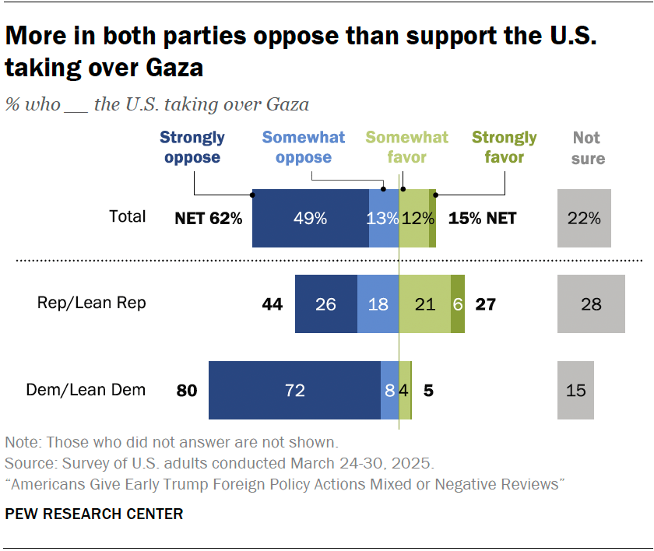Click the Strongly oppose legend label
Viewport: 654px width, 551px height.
[192, 147]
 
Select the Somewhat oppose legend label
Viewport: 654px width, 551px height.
[303, 147]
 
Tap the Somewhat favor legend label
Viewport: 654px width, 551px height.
[407, 147]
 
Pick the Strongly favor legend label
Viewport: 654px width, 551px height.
[504, 147]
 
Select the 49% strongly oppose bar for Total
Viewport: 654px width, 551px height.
[310, 219]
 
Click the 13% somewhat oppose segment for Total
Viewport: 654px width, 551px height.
[382, 219]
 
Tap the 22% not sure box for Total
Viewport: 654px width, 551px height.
[584, 219]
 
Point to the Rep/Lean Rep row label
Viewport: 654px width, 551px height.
[91, 304]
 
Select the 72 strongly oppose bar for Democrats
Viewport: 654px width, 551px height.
[294, 391]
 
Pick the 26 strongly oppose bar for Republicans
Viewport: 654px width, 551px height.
[325, 304]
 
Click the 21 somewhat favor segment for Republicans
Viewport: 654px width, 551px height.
[424, 304]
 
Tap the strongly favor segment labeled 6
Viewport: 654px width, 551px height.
[458, 304]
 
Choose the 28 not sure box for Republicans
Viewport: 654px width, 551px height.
[591, 304]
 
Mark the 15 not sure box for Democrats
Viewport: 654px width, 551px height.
[575, 391]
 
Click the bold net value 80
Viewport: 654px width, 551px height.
[187, 391]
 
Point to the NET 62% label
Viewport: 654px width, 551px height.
[209, 219]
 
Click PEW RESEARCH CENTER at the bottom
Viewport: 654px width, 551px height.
[93, 514]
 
